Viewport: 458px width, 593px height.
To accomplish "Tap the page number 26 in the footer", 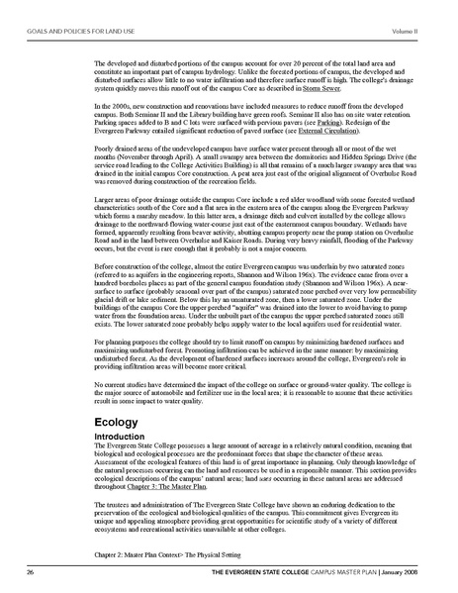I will tap(32, 573).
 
